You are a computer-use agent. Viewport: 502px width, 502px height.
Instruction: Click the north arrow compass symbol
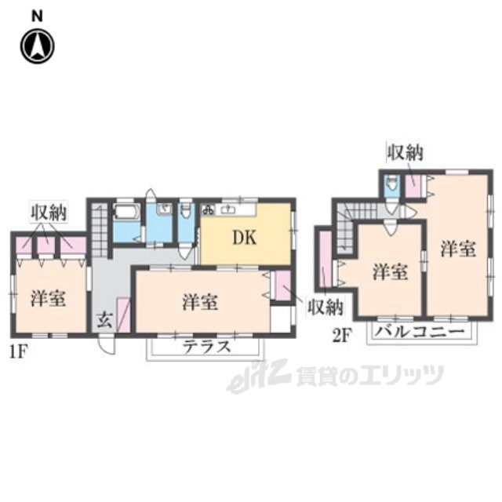pyautogui.click(x=37, y=45)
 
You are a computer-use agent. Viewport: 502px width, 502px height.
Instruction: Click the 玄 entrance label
pyautogui.click(x=104, y=319)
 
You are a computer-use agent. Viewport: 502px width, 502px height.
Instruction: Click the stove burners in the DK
pyautogui.click(x=209, y=210)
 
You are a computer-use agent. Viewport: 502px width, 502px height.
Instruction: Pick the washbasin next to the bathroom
pyautogui.click(x=164, y=210)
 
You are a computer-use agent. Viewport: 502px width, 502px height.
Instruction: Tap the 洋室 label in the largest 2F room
pyautogui.click(x=457, y=249)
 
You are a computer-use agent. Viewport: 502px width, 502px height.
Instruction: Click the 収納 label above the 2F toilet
pyautogui.click(x=404, y=152)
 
